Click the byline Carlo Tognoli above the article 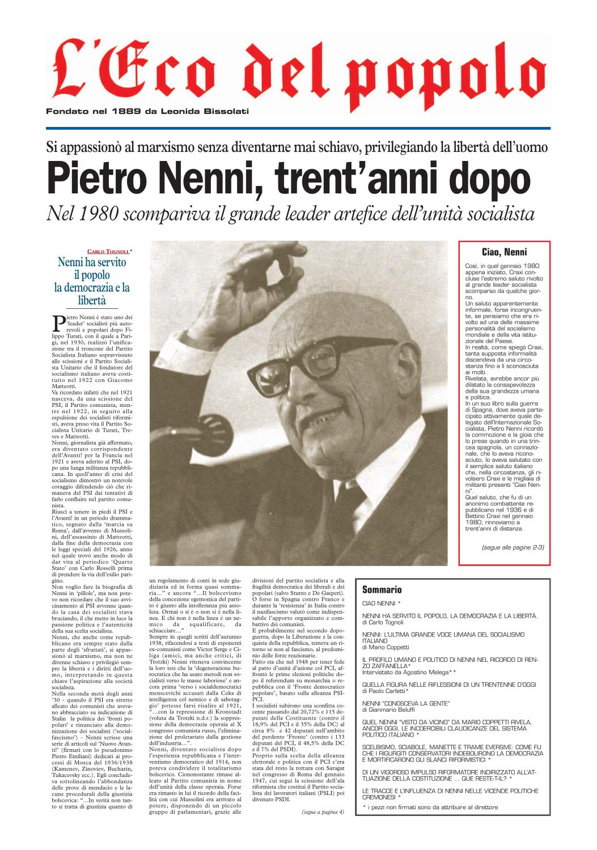point(108,250)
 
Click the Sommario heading point(382,589)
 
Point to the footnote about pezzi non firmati point(430,806)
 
